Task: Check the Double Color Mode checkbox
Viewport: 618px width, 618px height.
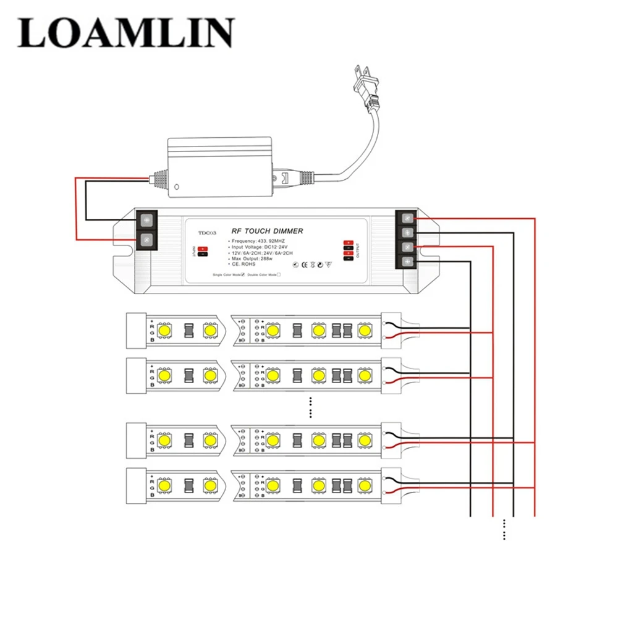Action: click(x=279, y=274)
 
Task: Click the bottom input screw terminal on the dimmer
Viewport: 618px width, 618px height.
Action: click(x=147, y=240)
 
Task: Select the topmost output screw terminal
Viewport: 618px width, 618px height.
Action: click(x=408, y=218)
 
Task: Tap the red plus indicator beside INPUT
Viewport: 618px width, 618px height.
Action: click(x=201, y=248)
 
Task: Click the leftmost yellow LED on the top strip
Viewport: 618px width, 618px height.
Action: click(x=164, y=331)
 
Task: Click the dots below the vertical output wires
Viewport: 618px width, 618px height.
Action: click(x=505, y=529)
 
